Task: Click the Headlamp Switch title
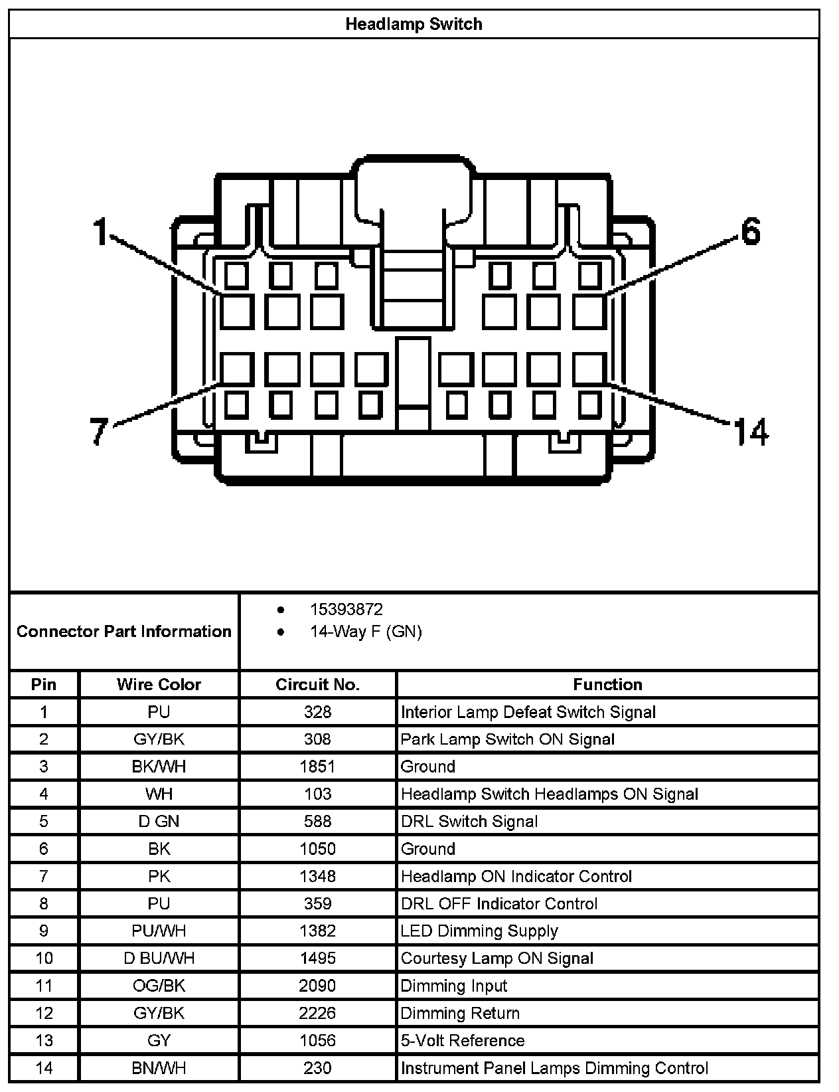pyautogui.click(x=414, y=25)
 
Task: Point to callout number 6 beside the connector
pyautogui.click(x=749, y=232)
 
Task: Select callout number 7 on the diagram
pyautogui.click(x=98, y=430)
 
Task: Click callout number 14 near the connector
pyautogui.click(x=751, y=432)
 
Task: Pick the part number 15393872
pyautogui.click(x=346, y=609)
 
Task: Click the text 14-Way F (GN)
pyautogui.click(x=366, y=631)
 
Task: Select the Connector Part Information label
pyautogui.click(x=124, y=631)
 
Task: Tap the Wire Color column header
pyautogui.click(x=159, y=685)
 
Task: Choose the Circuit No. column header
pyautogui.click(x=317, y=685)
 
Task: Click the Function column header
pyautogui.click(x=607, y=685)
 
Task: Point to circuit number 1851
pyautogui.click(x=317, y=767)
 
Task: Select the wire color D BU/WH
pyautogui.click(x=159, y=958)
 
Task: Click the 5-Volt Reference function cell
pyautogui.click(x=463, y=1040)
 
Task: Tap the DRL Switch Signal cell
pyautogui.click(x=469, y=822)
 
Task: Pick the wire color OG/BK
pyautogui.click(x=159, y=986)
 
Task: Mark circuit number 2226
pyautogui.click(x=317, y=1013)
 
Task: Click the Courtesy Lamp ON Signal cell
pyautogui.click(x=497, y=958)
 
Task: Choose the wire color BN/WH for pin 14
pyautogui.click(x=159, y=1067)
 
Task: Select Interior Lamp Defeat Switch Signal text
pyautogui.click(x=528, y=712)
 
